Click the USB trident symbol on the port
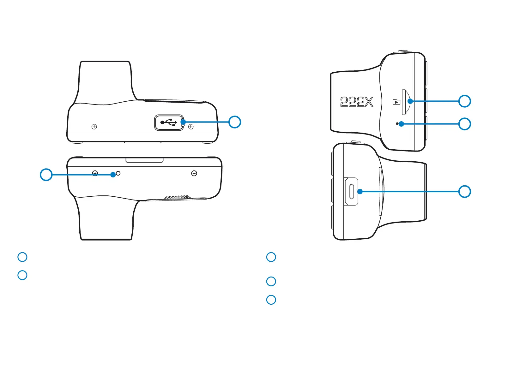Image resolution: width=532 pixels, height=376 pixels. click(168, 122)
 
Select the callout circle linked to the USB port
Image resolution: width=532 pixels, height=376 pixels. click(235, 122)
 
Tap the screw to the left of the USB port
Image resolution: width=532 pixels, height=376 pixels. click(94, 127)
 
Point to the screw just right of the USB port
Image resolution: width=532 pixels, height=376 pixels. click(191, 127)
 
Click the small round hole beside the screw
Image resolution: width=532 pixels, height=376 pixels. click(118, 173)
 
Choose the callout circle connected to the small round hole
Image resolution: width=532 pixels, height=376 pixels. click(46, 175)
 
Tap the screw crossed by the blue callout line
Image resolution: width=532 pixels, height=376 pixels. click(95, 173)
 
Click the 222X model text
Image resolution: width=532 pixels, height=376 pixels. click(357, 102)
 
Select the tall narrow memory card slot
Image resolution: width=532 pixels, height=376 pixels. click(404, 102)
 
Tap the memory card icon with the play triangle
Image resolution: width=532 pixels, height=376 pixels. click(396, 102)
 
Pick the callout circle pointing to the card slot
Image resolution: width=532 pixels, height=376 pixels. click(464, 101)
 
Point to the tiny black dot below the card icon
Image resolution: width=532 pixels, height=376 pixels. click(397, 124)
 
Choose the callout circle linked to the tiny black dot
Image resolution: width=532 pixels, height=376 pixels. click(464, 124)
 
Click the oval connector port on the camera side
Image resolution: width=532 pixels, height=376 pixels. click(351, 191)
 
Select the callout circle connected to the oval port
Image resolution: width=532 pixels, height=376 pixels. click(464, 192)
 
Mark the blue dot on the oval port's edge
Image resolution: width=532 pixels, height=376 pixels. click(360, 191)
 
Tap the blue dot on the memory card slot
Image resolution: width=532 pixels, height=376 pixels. click(410, 101)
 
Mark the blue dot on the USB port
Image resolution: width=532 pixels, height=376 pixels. click(183, 122)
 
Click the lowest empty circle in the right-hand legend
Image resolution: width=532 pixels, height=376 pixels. click(271, 300)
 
